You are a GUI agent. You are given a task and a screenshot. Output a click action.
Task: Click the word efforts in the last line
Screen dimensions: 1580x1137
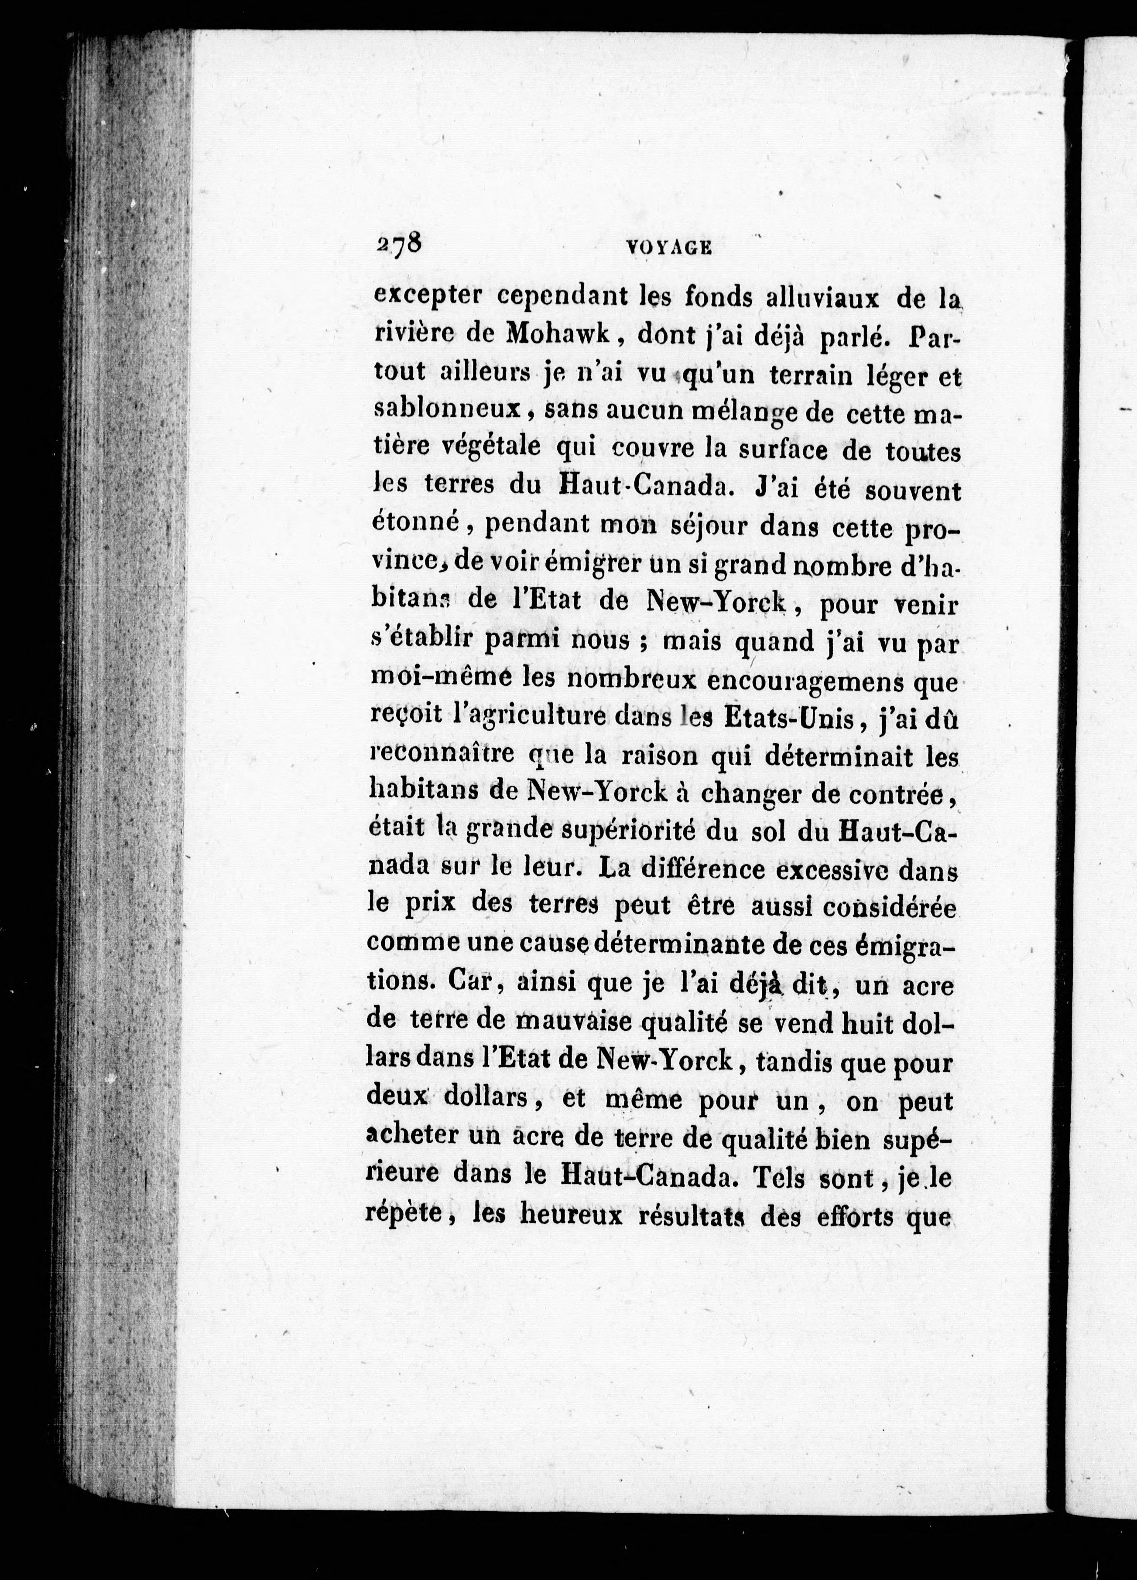(x=845, y=1215)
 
